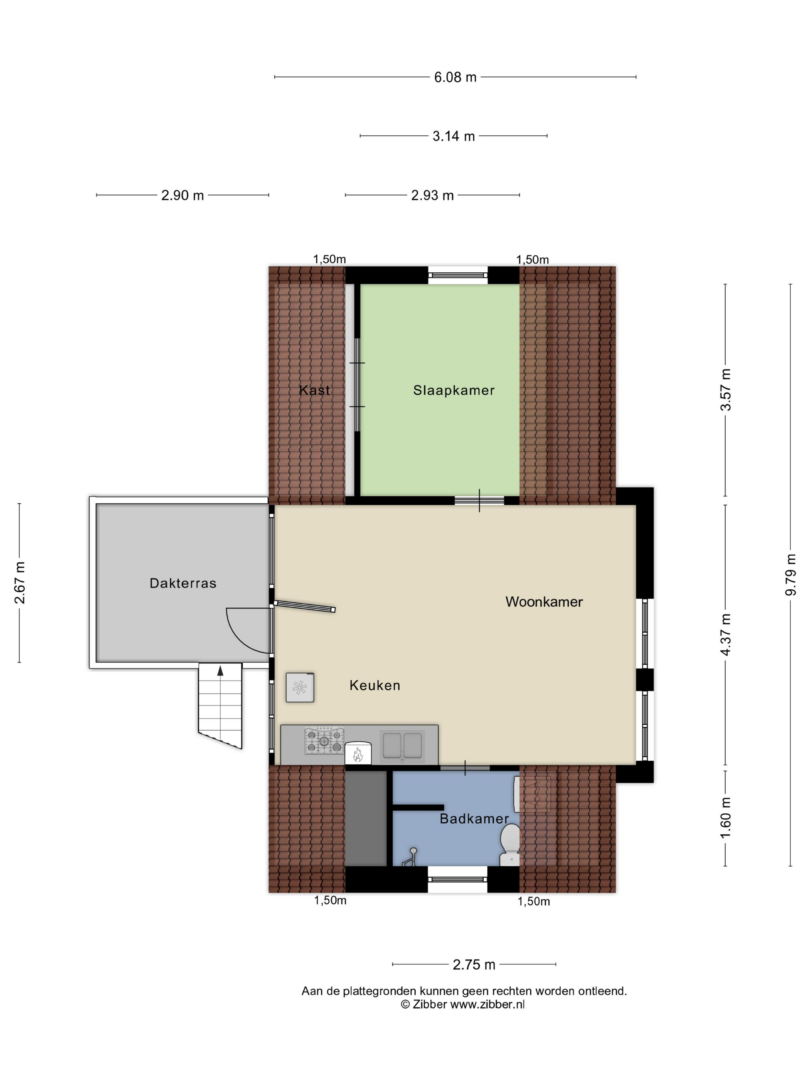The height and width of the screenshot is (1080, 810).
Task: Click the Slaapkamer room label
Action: (x=454, y=390)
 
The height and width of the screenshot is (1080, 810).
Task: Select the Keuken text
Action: (x=375, y=685)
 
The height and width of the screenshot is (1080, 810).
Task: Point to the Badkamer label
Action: (x=474, y=819)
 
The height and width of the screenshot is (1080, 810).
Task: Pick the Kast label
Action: (x=314, y=390)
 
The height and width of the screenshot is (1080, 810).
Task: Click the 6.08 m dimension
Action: (x=455, y=77)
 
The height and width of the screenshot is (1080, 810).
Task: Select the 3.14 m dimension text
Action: (x=454, y=136)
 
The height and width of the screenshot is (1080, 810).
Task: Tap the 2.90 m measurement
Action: (x=182, y=195)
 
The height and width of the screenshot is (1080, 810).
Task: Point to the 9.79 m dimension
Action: (x=790, y=575)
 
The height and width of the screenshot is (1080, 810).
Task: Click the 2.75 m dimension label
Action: (x=474, y=965)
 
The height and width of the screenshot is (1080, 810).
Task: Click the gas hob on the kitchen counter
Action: (x=324, y=741)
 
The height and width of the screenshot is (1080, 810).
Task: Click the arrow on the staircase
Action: (x=220, y=670)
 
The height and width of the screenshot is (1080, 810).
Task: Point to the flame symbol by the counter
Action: (x=358, y=755)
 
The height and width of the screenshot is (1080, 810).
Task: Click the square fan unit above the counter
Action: (x=299, y=687)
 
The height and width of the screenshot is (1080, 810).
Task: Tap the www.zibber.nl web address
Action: (x=487, y=1004)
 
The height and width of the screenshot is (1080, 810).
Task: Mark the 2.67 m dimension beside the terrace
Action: (x=20, y=582)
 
